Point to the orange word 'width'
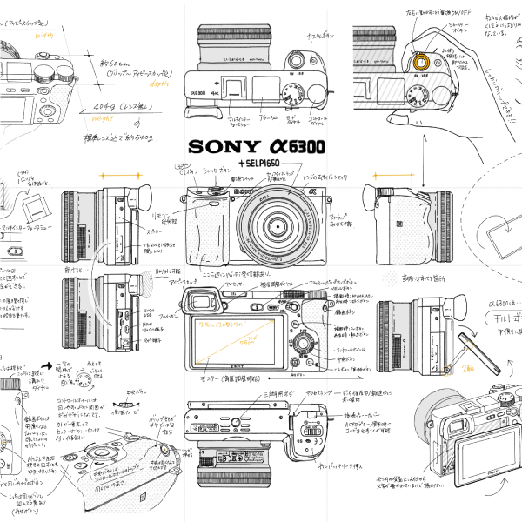coord(43,37)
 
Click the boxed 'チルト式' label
coord(501,318)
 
